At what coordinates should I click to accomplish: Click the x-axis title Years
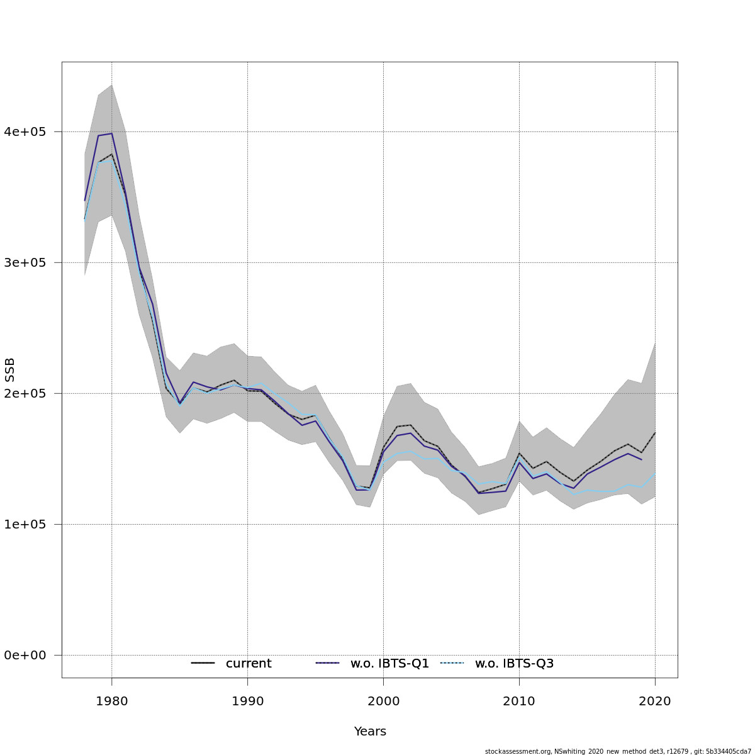[x=370, y=732]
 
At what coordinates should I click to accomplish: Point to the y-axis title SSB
[x=10, y=370]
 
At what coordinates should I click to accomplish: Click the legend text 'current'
[x=249, y=664]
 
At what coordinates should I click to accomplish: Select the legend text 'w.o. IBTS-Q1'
[x=389, y=664]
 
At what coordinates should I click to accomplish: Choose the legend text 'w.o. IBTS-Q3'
[x=514, y=664]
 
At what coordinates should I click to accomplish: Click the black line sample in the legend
[x=203, y=663]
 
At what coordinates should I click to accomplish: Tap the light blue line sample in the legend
[x=452, y=663]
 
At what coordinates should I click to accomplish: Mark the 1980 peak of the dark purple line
[x=111, y=133]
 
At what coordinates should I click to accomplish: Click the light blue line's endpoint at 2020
[x=655, y=473]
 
